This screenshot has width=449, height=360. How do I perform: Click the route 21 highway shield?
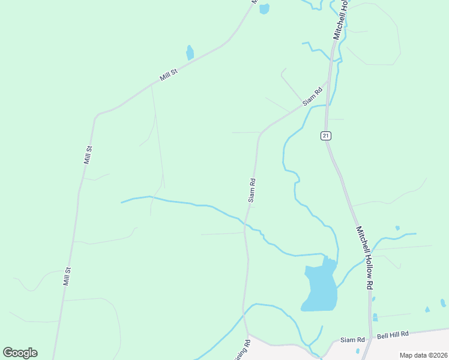tap(325, 136)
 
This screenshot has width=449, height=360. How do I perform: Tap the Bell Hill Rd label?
tap(393, 334)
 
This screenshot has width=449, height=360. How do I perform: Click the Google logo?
tap(20, 353)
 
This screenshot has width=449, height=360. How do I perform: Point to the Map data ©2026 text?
tap(424, 355)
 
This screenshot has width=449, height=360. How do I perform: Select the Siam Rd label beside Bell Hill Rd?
tap(353, 340)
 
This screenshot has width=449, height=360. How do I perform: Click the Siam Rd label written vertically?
tap(252, 190)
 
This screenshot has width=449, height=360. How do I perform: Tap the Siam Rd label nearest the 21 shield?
tap(313, 97)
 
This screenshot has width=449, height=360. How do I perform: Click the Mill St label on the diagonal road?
tap(169, 76)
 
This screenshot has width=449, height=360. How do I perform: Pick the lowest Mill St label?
tap(67, 276)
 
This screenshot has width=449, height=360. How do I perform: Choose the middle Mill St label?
tap(88, 155)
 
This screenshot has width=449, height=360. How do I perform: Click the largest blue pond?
tap(320, 286)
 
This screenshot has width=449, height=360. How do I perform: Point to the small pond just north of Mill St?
tap(190, 53)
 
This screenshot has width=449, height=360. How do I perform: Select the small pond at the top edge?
tap(264, 8)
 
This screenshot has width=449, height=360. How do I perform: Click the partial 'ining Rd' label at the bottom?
tap(244, 349)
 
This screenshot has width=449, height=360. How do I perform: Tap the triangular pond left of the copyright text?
tap(427, 310)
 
